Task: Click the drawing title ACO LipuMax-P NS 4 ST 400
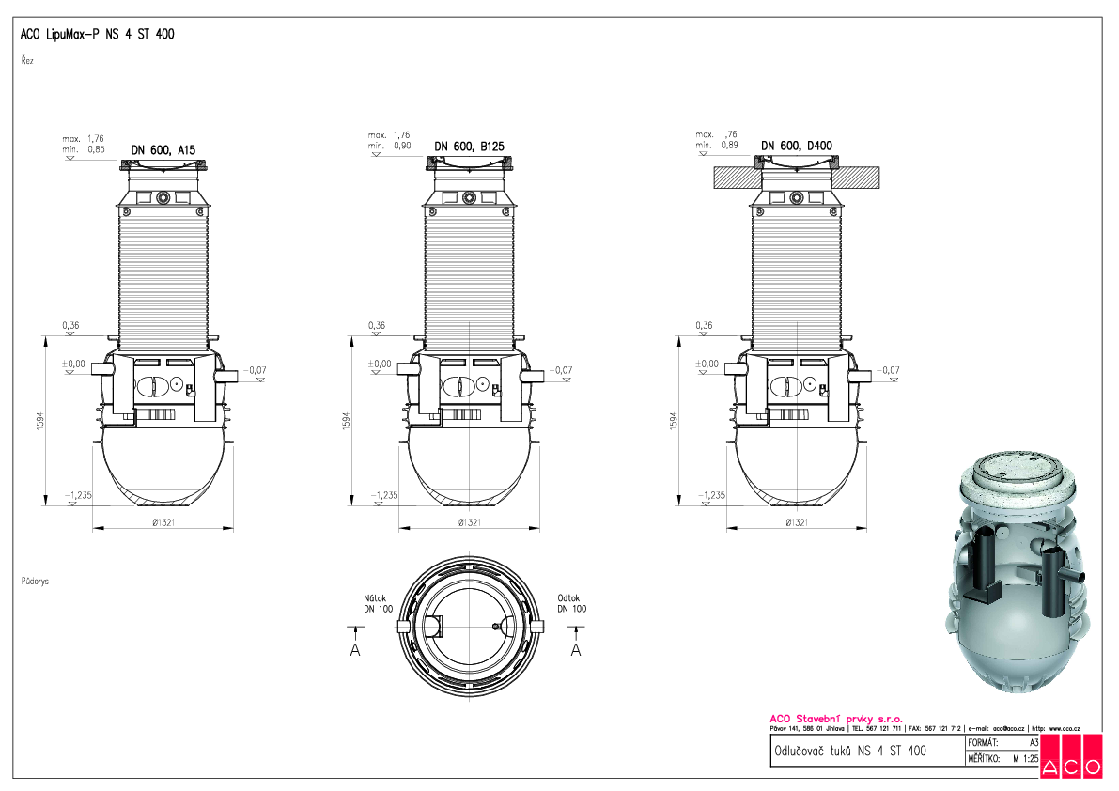pyautogui.click(x=97, y=35)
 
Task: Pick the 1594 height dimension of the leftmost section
pyautogui.click(x=39, y=419)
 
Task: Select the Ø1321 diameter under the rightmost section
pyautogui.click(x=796, y=522)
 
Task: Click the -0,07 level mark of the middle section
pyautogui.click(x=561, y=370)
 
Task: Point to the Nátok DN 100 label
pyautogui.click(x=379, y=603)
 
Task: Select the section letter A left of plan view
pyautogui.click(x=355, y=650)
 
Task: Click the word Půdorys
pyautogui.click(x=35, y=582)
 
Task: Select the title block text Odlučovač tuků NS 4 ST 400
pyautogui.click(x=848, y=751)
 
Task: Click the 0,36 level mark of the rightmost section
pyautogui.click(x=703, y=326)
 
